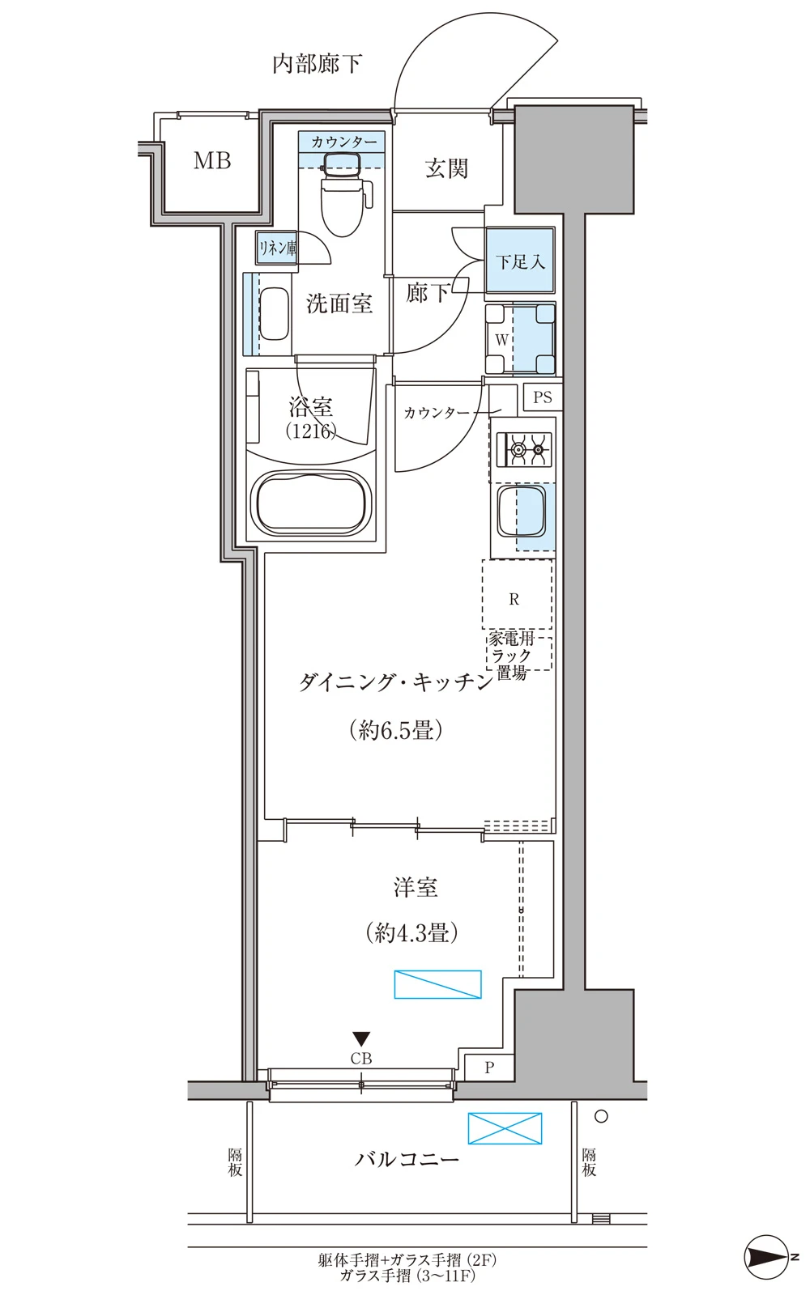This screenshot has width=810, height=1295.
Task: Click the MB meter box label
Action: (x=212, y=161)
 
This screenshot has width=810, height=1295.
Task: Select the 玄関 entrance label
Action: (x=446, y=169)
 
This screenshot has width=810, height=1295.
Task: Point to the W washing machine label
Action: (x=501, y=340)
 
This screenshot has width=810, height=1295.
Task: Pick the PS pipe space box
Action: (x=542, y=397)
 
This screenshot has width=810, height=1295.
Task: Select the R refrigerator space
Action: (x=517, y=594)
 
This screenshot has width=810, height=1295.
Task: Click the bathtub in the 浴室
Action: (x=311, y=502)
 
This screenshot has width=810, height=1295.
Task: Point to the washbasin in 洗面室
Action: (x=274, y=314)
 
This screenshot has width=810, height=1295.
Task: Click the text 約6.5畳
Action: (x=396, y=730)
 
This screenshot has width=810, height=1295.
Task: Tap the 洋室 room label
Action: (x=416, y=887)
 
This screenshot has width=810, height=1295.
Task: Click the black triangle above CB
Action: (x=361, y=1039)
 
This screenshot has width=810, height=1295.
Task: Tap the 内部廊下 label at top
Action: (x=317, y=63)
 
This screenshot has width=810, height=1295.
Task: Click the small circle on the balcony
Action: (x=601, y=1116)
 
